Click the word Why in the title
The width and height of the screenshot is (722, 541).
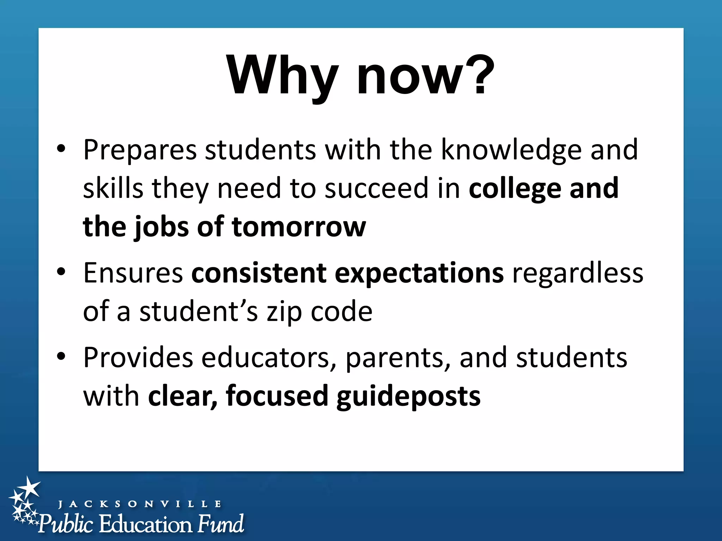282,76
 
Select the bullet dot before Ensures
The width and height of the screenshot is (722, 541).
61,272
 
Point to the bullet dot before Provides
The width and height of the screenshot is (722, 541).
61,357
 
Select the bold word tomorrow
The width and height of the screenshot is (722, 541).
299,227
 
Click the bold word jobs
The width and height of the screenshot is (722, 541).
161,228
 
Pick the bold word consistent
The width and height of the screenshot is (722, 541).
259,273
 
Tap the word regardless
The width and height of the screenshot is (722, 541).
577,273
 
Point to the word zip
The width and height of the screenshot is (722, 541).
284,312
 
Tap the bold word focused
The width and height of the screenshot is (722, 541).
277,396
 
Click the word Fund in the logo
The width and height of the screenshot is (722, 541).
220,523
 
